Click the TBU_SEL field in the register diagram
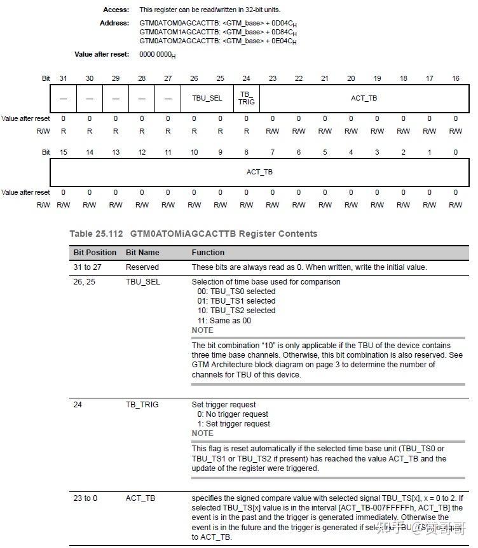(207, 98)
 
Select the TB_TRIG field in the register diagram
(246, 98)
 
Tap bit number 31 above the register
(63, 78)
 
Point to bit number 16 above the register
(455, 78)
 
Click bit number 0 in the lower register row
(455, 152)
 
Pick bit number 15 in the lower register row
(63, 152)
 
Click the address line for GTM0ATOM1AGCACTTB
(218, 32)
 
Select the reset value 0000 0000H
(157, 55)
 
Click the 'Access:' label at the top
(116, 10)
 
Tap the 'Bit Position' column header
(95, 253)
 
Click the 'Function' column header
(208, 253)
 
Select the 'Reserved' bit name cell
(142, 267)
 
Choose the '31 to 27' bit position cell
(87, 267)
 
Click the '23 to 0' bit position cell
(85, 498)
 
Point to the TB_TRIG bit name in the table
(142, 404)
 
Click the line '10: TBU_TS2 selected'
(236, 311)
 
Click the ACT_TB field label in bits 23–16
(364, 98)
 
